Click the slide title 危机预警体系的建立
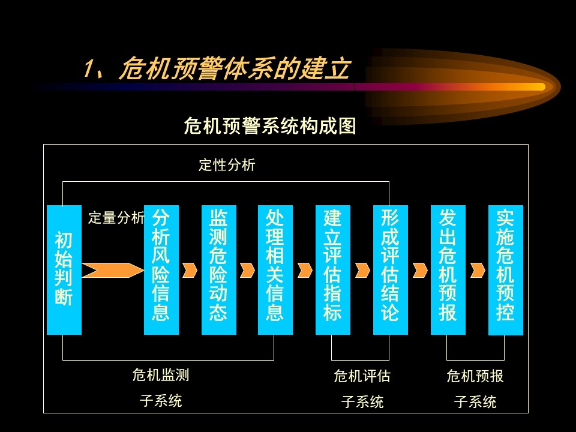pos(235,68)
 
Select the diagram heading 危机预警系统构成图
pos(270,126)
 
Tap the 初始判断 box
pos(64,270)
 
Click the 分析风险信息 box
pos(161,270)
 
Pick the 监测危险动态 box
pos(219,270)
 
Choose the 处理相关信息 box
pos(275,270)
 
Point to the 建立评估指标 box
pos(333,270)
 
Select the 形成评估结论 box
pos(391,270)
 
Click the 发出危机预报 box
pos(448,270)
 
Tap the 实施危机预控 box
pos(505,270)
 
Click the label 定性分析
pos(227,165)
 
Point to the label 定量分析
pos(116,217)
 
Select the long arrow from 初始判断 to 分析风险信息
pos(113,271)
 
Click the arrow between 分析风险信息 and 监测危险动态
pos(190,271)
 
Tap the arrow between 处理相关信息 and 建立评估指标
pos(305,271)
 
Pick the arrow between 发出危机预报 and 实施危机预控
pos(478,271)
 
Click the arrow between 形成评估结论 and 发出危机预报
pos(420,271)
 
